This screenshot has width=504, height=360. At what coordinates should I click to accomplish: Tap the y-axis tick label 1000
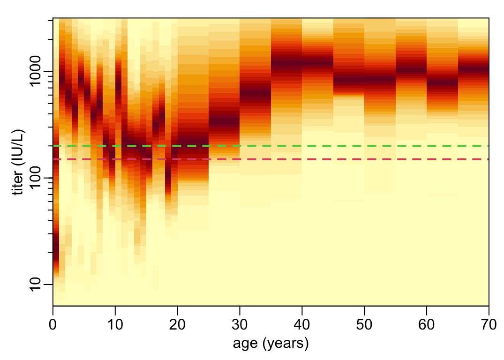click(37, 71)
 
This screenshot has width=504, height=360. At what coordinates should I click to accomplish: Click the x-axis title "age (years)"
click(271, 344)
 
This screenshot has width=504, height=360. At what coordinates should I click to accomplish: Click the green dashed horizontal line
click(328, 146)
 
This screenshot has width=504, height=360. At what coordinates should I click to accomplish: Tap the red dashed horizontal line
click(328, 159)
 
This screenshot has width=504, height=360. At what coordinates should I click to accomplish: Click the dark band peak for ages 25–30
click(224, 121)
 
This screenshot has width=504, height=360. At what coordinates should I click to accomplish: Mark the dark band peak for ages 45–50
click(349, 80)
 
